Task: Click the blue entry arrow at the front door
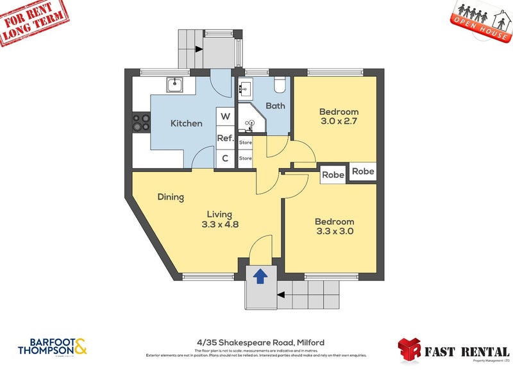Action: (260, 276)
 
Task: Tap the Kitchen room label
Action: (186, 123)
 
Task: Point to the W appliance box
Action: (225, 117)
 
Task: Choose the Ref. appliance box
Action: (225, 138)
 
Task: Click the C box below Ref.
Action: (225, 158)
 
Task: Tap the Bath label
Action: (275, 106)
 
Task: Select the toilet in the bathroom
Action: (279, 85)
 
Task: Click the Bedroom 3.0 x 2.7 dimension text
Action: (339, 124)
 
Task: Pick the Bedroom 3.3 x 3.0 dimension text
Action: (334, 232)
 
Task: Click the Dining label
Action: (171, 197)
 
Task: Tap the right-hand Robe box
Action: (363, 172)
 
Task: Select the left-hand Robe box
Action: (333, 174)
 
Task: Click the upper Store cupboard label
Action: (245, 142)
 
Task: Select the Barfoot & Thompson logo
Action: (54, 346)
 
